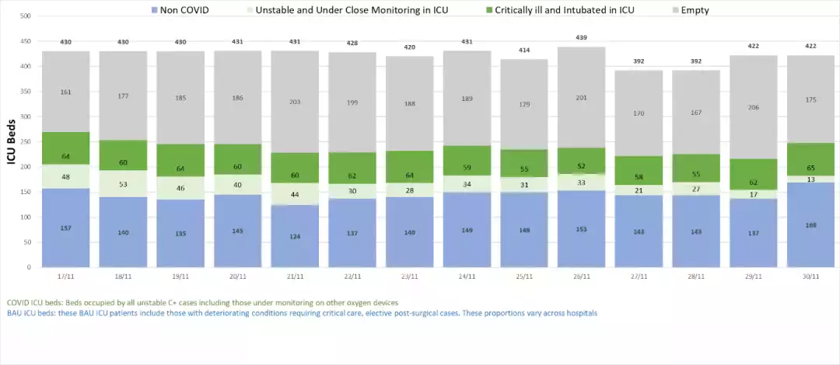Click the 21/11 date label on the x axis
pos(295,276)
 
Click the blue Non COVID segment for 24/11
pos(466,230)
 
